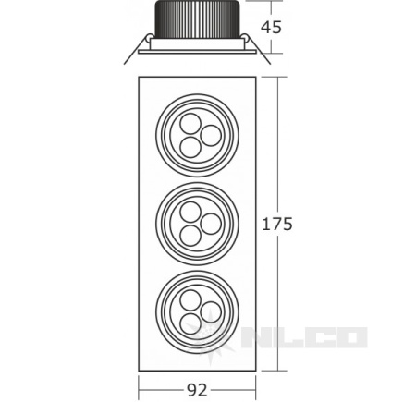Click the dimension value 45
click(271, 28)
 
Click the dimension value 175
click(277, 224)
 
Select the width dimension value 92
click(197, 391)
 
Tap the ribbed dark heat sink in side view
click(197, 18)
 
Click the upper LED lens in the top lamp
click(190, 124)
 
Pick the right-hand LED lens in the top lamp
click(211, 136)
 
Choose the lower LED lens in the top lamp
click(190, 147)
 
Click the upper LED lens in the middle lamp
click(190, 213)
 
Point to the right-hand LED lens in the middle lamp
click(211, 224)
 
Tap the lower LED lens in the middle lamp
click(190, 236)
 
